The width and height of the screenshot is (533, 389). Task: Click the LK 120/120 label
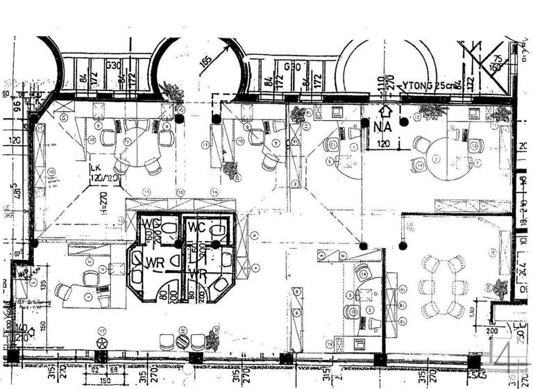click(101, 172)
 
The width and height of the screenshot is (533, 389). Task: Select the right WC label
click(196, 227)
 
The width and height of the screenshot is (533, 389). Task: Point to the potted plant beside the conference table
click(499, 288)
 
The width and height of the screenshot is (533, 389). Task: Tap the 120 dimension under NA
click(383, 144)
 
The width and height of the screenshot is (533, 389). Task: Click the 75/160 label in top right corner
click(496, 61)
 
